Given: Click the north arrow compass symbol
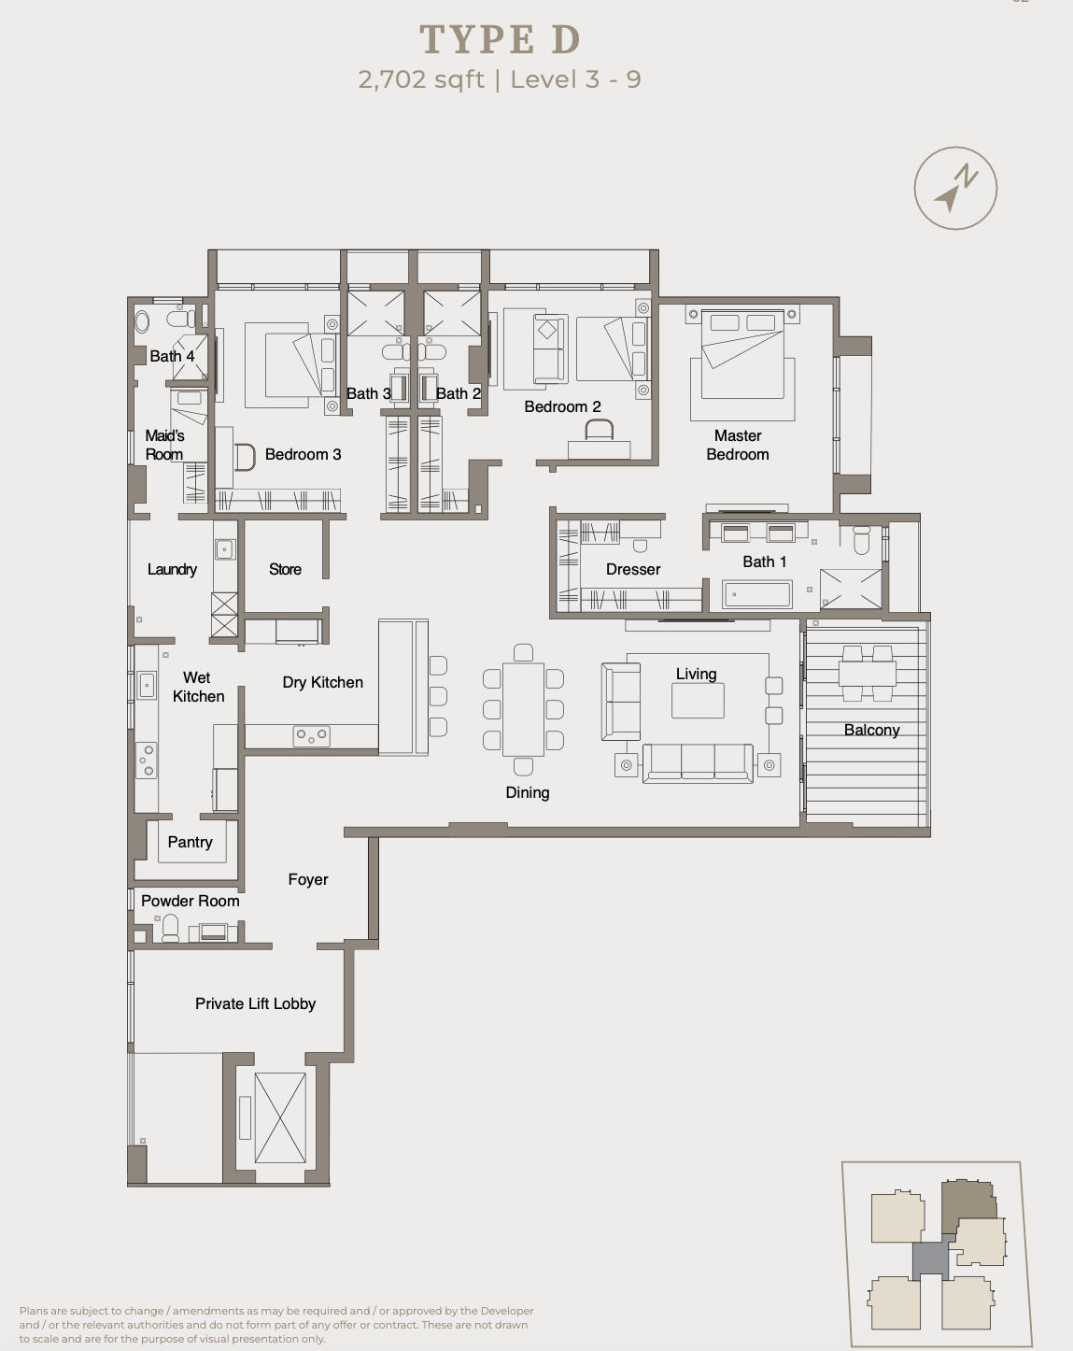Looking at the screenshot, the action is coord(955,188).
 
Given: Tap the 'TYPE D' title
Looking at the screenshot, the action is coord(501,39).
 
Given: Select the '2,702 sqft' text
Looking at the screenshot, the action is coord(421,79).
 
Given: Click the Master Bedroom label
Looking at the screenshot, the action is coord(738,445).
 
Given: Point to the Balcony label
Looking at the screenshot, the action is coord(871,730).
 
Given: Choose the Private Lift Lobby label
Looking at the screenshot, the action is coord(255,1003).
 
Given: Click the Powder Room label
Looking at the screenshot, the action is coord(191,901).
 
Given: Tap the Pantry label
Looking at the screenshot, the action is coord(191,842).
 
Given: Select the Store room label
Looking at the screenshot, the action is coord(285,569).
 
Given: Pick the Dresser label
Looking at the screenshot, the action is coord(633,569).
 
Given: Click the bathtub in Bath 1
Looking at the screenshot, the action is coord(757,594).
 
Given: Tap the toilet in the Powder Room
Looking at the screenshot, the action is coord(170,929).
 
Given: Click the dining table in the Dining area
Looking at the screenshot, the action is coord(523,709).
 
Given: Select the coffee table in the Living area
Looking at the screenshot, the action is coord(698,700).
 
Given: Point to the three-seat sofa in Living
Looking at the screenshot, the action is coord(698,763).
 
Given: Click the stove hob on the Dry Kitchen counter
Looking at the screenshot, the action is coord(311,736).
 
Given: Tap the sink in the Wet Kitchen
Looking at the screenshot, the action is coord(147,685).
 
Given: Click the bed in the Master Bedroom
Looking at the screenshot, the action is coord(742,355).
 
